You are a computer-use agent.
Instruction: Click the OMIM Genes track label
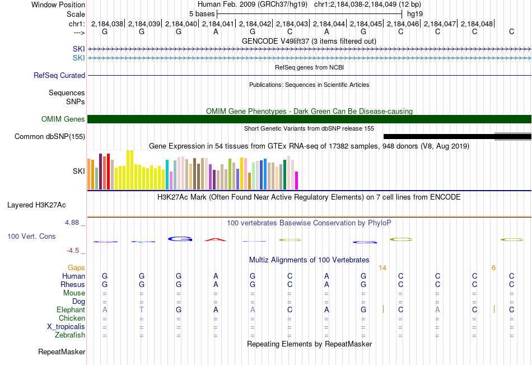click(x=63, y=119)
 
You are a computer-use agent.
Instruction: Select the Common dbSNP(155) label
click(x=50, y=137)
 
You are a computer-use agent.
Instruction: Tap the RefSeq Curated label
click(x=59, y=76)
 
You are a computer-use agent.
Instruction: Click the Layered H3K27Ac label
click(x=36, y=205)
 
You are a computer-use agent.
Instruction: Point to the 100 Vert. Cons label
click(x=31, y=237)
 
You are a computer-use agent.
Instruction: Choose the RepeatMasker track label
click(x=62, y=352)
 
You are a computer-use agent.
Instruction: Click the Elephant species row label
click(x=71, y=310)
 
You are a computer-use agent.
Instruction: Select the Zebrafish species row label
click(x=70, y=335)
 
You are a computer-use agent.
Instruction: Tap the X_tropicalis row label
click(x=66, y=327)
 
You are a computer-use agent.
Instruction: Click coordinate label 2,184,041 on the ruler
click(x=217, y=24)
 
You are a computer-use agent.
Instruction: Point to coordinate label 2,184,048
click(x=477, y=24)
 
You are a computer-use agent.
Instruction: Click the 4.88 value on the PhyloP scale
click(x=72, y=223)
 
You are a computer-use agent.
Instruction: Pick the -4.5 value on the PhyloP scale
click(x=73, y=251)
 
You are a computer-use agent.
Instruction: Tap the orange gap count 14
click(x=382, y=268)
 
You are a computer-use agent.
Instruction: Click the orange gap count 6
click(x=494, y=268)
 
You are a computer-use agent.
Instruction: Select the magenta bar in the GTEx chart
click(x=297, y=181)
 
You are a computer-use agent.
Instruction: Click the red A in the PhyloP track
click(x=216, y=240)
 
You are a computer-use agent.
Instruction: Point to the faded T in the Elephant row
click(x=142, y=310)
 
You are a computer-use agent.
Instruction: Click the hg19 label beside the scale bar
click(x=415, y=14)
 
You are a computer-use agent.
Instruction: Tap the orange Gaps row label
click(x=76, y=268)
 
